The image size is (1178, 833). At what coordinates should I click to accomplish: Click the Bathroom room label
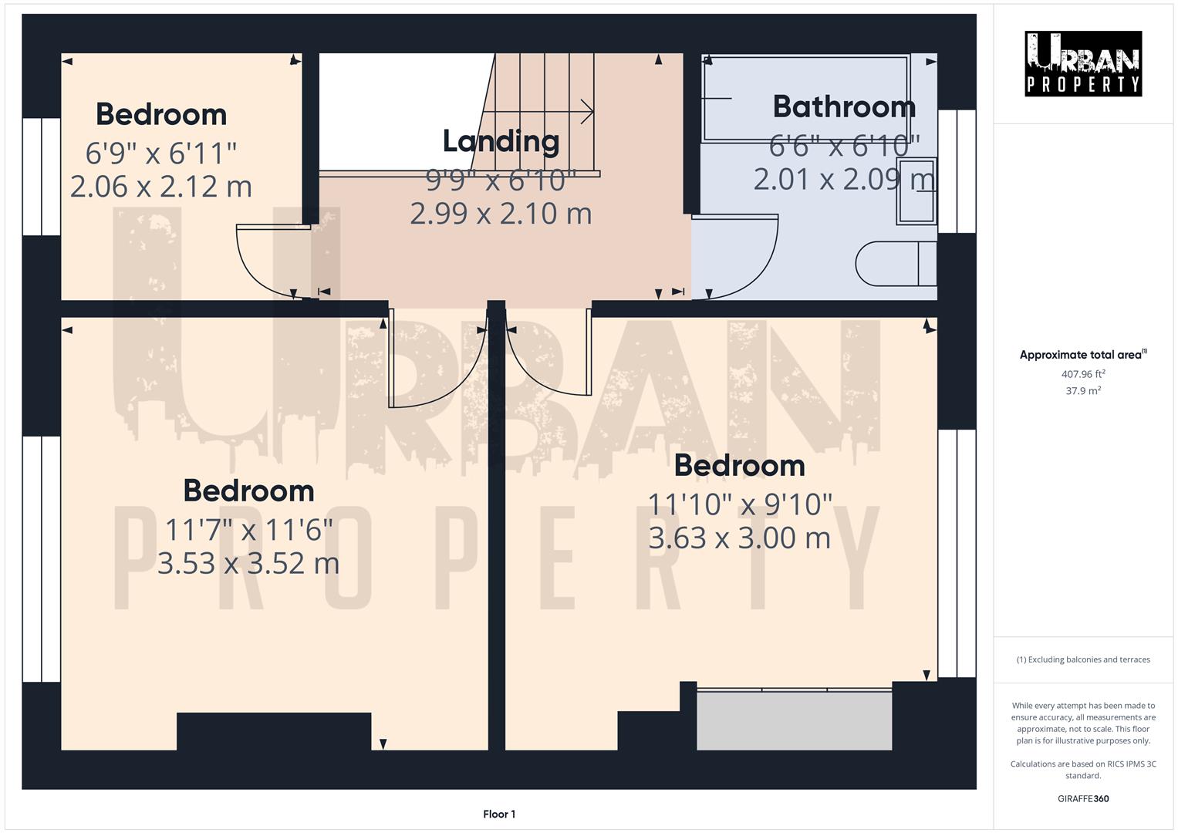coord(844,106)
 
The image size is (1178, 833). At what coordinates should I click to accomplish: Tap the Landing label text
coord(501,141)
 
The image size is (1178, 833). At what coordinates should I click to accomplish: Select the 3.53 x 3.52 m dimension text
coord(248,563)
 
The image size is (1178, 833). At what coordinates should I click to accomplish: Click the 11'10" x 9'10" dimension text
coord(740,504)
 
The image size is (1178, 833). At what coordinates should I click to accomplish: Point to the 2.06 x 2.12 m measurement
coord(161,187)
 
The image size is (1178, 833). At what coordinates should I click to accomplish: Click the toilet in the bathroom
coord(895,264)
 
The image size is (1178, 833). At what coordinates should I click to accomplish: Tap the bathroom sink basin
coord(916,191)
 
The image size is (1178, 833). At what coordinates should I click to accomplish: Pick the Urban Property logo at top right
coord(1082,64)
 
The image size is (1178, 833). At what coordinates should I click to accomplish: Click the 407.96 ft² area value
coord(1083,374)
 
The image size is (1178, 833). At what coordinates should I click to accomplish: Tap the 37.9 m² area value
coord(1083,391)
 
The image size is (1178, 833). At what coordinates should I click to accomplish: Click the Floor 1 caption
coord(499,814)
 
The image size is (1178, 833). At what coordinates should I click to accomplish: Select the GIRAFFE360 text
coord(1083,798)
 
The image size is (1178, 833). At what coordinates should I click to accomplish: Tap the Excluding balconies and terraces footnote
coord(1083,659)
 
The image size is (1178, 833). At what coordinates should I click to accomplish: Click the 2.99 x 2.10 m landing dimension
coord(501,214)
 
